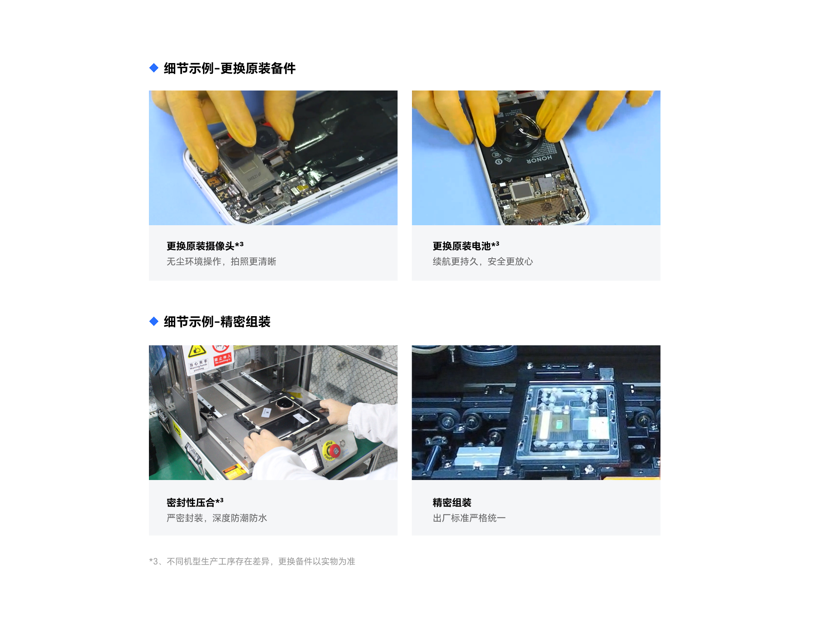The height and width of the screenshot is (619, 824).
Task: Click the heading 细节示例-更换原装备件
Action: [230, 69]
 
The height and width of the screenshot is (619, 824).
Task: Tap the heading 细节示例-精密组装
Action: [217, 322]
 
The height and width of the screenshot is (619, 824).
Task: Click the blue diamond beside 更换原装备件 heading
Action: [154, 68]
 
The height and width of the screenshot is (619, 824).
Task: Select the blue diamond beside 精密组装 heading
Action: [154, 321]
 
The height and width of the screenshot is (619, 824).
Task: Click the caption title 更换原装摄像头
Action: [200, 246]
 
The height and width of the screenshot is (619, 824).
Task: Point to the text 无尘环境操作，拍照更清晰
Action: [221, 262]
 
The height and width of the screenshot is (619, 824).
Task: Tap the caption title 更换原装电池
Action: [461, 246]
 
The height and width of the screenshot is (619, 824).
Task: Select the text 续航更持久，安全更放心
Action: [483, 262]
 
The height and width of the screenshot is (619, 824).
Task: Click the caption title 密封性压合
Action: [191, 502]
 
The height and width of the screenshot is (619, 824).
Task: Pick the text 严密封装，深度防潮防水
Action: [217, 518]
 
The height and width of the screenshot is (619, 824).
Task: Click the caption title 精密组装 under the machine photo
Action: [452, 502]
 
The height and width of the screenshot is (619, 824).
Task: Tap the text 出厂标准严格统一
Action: [469, 518]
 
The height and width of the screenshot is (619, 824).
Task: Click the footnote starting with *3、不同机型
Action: [252, 562]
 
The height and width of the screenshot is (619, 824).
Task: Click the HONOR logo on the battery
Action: [539, 160]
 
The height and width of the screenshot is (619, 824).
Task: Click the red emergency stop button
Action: [333, 450]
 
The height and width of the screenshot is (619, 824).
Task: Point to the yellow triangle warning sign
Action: [197, 351]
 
